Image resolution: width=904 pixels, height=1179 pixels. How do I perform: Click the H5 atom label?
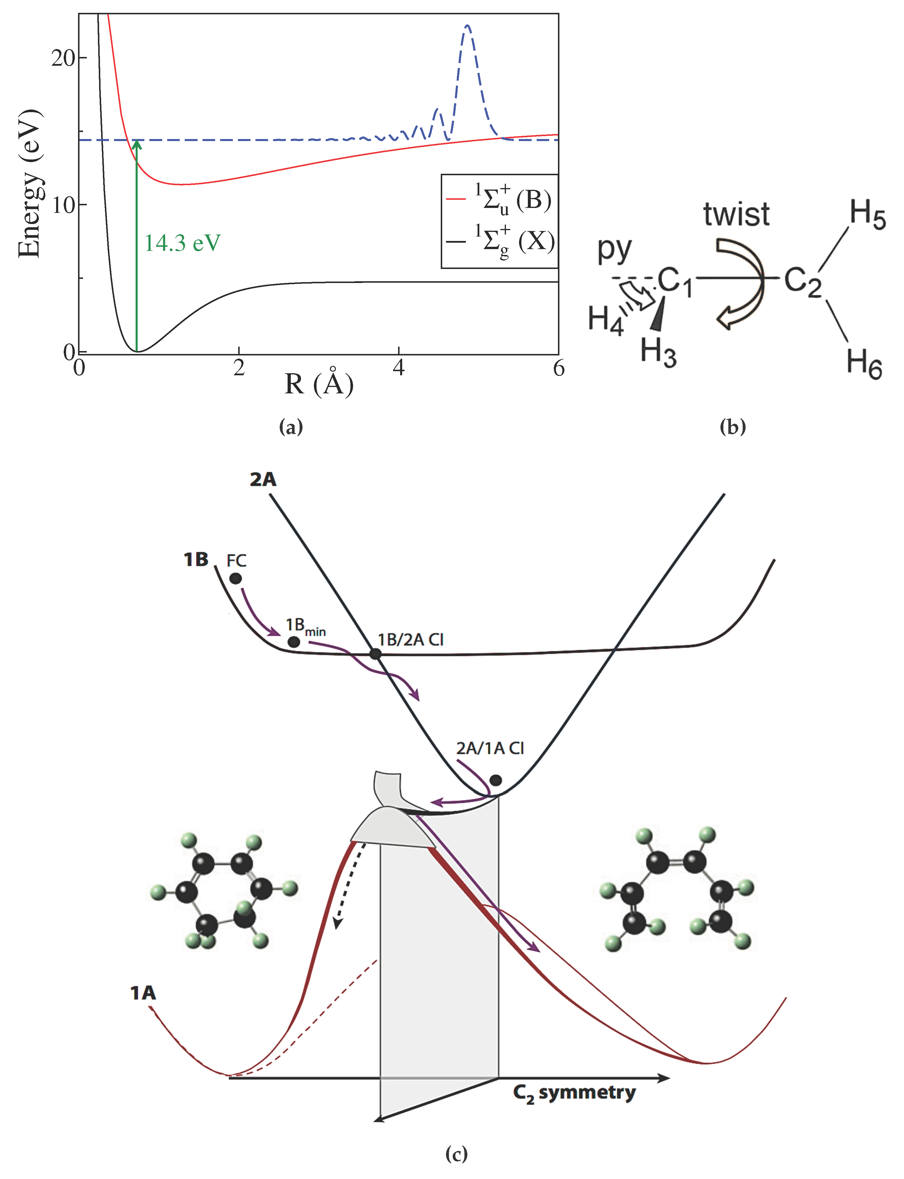867,214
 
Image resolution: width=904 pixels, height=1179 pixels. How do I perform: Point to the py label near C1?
614,250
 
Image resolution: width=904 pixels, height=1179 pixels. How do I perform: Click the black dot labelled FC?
236,579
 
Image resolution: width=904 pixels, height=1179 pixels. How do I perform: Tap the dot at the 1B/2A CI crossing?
376,654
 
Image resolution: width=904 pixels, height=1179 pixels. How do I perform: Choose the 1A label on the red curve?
143,992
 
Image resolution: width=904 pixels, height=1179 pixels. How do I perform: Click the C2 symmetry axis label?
574,1093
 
